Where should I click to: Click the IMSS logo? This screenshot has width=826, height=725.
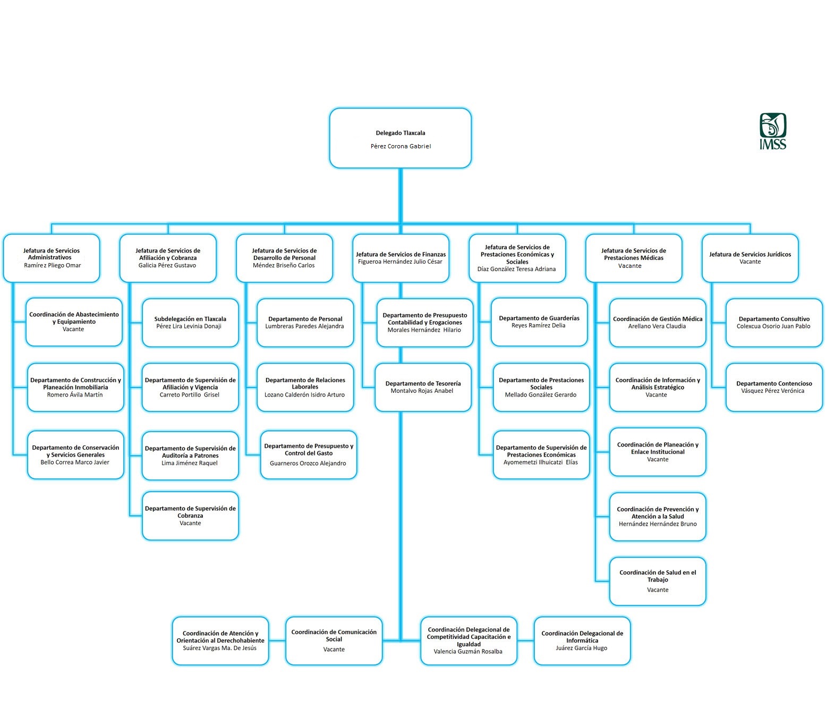773,131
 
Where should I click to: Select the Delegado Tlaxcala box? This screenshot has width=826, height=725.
401,138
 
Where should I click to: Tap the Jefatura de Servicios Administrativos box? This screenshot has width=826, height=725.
52,258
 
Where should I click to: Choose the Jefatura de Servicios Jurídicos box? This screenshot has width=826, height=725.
750,258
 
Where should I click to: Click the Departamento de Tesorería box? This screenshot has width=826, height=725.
423,387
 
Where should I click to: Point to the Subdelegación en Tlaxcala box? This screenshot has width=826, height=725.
190,323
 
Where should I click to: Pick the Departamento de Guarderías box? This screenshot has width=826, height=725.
539,322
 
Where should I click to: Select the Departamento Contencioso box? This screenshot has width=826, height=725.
774,387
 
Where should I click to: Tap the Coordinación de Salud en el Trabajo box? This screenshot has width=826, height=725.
658,581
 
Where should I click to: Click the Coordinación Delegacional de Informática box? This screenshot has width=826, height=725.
582,641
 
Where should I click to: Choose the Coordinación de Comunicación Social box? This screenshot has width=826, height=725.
334,641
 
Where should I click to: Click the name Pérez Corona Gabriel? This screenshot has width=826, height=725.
401,146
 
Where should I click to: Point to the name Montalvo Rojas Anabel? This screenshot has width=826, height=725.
422,391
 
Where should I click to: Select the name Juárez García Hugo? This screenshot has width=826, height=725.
582,648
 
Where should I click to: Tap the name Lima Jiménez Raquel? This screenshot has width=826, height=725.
190,463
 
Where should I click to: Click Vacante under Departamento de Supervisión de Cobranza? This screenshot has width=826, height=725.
190,523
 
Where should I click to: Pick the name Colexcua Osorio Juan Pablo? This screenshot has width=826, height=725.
773,326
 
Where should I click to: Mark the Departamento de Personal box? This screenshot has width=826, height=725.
305,323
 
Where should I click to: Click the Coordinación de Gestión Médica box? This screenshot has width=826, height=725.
658,323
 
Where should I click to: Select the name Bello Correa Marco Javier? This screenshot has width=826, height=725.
75,462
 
